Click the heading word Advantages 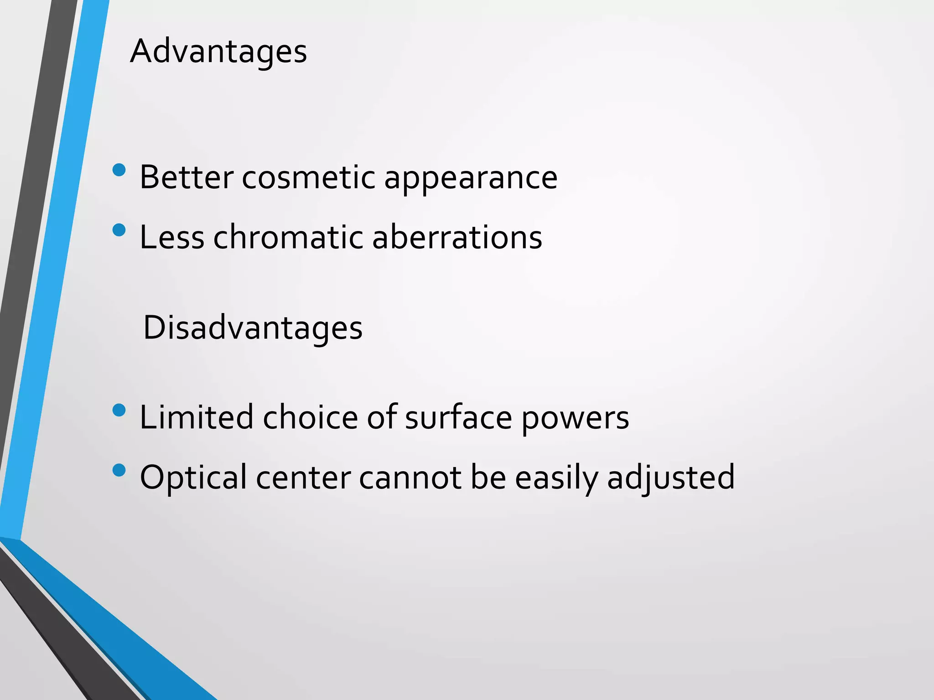click(x=218, y=51)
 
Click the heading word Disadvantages click(x=253, y=328)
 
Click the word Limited click(x=196, y=417)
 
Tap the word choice click(x=311, y=417)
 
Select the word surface click(x=458, y=417)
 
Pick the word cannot click(x=410, y=478)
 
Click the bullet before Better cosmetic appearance click(x=119, y=170)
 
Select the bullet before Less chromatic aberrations click(x=119, y=230)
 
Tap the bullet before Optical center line click(x=119, y=470)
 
